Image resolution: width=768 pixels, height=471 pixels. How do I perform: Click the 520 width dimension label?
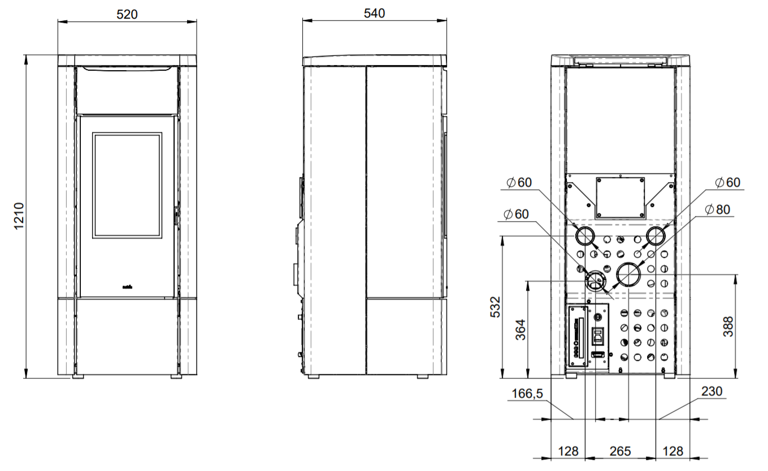127,14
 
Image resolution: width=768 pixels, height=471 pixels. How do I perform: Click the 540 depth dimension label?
374,14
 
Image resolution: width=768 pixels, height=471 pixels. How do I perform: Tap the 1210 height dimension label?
19,216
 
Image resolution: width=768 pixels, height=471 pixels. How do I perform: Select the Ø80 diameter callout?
717,209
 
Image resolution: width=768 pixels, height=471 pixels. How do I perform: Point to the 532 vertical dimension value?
496,307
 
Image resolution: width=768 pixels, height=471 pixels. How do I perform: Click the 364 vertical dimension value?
520,330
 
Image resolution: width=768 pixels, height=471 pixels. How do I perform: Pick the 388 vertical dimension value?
728,326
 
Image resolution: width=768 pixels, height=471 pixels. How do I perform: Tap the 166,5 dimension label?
527,394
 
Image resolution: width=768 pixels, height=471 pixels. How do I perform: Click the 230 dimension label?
712,391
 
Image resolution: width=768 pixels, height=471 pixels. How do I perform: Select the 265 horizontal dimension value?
620,451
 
